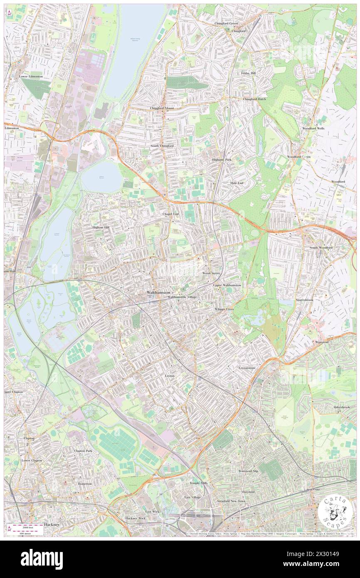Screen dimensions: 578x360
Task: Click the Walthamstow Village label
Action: [x=181, y=297]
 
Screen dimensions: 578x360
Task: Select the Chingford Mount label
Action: [x=162, y=108]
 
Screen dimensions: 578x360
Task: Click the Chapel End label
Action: [x=170, y=214]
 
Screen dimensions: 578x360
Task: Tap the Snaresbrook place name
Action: [x=305, y=299]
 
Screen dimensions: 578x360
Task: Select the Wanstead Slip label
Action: [x=248, y=471]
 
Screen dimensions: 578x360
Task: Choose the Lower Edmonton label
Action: [x=31, y=77]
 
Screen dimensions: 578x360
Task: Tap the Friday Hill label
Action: [x=249, y=73]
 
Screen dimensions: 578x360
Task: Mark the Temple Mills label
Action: [x=199, y=483]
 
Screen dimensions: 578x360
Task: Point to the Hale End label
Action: [x=237, y=183]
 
